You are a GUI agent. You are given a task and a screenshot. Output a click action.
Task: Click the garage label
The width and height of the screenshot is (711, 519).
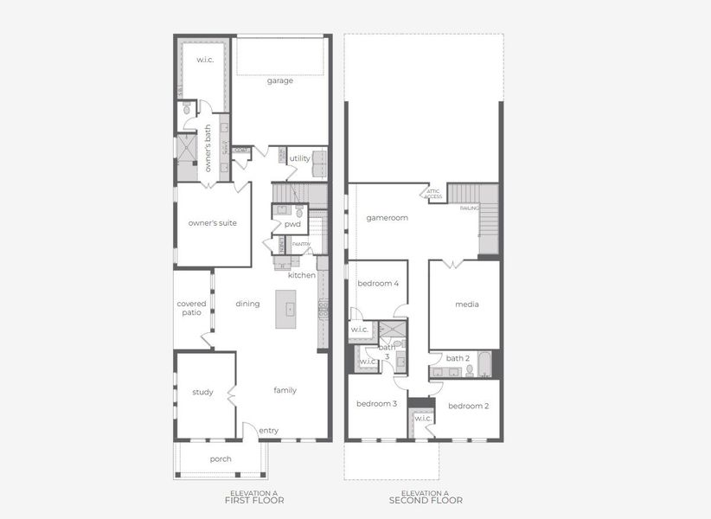(279, 80)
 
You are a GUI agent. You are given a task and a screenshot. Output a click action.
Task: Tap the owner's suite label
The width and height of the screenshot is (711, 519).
(212, 222)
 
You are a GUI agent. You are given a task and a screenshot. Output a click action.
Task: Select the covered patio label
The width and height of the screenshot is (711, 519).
(191, 308)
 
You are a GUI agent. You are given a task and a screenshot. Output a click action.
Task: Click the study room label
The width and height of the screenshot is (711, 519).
(202, 392)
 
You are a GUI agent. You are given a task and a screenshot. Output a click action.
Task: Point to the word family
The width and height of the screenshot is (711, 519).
(285, 390)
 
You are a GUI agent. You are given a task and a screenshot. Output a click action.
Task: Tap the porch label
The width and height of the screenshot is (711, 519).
(221, 458)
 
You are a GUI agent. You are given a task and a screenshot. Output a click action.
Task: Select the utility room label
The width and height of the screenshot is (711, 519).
(299, 158)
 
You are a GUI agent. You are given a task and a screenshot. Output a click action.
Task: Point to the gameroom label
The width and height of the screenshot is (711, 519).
(386, 218)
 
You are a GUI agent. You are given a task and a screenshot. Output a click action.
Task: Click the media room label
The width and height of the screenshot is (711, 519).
(467, 304)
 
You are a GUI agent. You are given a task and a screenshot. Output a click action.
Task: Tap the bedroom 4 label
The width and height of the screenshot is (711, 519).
(378, 283)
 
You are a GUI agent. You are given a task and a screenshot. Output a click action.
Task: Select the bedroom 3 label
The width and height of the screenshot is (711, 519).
(376, 404)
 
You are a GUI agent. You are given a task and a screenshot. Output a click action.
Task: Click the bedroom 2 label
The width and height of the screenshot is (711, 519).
(468, 406)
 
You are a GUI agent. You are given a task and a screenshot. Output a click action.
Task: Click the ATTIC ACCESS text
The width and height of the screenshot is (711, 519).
(433, 195)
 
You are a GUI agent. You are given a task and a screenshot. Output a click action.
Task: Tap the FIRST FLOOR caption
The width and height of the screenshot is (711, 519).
(254, 500)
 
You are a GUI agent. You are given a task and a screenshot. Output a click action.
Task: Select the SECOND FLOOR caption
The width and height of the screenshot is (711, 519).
(425, 500)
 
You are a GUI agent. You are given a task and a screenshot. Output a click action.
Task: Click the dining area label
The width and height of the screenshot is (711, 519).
(247, 304)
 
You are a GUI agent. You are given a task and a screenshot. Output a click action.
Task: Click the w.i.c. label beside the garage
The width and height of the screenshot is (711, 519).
(204, 60)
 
